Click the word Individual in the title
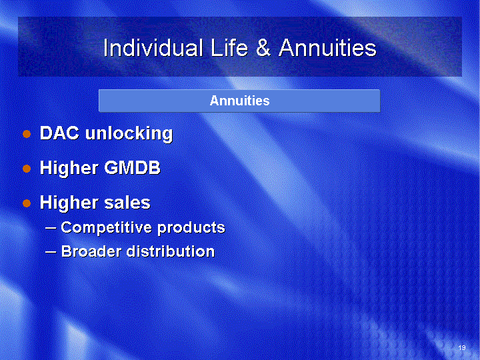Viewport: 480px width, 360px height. tap(153, 47)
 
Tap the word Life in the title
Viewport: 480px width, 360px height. tap(229, 47)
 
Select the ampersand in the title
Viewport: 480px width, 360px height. tap(263, 47)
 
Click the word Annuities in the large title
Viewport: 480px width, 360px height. tap(327, 47)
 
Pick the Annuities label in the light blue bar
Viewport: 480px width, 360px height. tap(240, 101)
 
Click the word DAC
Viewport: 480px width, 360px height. tap(59, 133)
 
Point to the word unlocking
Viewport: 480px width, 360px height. tap(129, 134)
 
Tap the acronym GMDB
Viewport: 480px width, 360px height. tap(132, 168)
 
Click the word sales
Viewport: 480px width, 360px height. tap(127, 203)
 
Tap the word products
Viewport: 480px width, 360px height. tap(191, 228)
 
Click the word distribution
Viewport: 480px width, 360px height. tap(171, 251)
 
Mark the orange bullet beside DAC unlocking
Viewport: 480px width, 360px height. tap(27, 134)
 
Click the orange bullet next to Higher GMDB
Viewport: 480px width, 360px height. tap(27, 169)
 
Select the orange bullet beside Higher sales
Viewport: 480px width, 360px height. tap(27, 203)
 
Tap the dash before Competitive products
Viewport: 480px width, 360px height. tap(51, 228)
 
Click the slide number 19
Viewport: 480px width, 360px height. tap(462, 347)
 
